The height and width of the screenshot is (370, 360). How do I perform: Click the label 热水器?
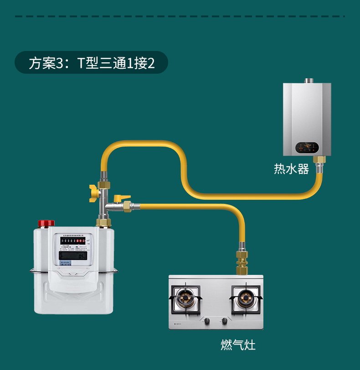[291, 169]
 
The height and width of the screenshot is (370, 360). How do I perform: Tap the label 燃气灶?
[238, 345]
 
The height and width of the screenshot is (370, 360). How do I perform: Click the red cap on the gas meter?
[46, 223]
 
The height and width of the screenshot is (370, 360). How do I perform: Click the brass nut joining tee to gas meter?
[104, 222]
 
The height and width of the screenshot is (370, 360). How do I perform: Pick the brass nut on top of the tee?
[104, 186]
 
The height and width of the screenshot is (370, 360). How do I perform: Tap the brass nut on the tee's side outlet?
[128, 206]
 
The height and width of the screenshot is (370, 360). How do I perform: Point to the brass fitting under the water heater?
[320, 160]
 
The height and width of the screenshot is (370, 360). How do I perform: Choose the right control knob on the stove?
[224, 321]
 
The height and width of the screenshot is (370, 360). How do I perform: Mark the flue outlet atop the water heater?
[309, 81]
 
